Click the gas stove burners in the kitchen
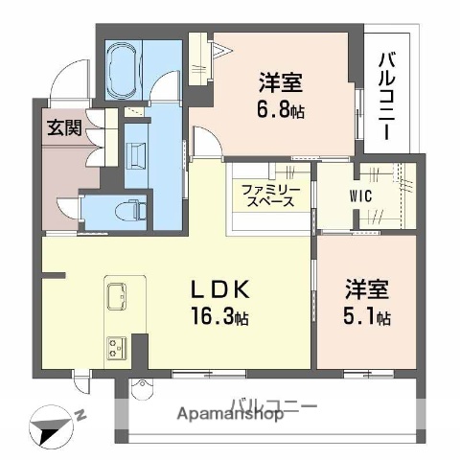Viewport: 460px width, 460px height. point(120,344)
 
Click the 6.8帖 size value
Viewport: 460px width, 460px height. point(280,109)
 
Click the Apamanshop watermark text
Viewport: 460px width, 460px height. point(229,415)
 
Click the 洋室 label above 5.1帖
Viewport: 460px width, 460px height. point(367,289)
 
